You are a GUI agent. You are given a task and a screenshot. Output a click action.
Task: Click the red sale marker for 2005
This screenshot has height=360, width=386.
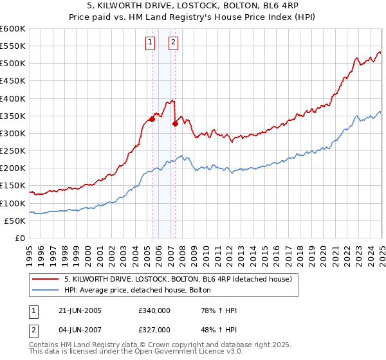click(x=152, y=119)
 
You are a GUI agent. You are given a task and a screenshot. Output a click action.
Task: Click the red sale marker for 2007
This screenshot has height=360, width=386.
click(x=175, y=124)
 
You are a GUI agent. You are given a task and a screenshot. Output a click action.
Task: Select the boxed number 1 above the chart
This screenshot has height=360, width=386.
click(x=150, y=43)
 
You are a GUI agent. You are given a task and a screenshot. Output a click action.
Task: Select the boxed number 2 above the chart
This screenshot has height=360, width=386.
click(x=174, y=43)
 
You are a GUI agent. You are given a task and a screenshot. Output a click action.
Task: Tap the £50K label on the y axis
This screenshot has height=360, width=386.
click(x=15, y=221)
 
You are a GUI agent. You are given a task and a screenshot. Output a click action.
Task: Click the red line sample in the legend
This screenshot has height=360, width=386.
click(x=46, y=279)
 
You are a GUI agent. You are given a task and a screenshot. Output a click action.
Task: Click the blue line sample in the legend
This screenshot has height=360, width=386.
click(x=46, y=291)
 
